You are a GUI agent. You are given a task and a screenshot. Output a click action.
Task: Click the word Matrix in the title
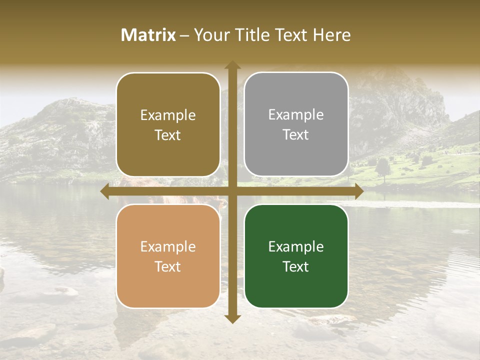(148, 35)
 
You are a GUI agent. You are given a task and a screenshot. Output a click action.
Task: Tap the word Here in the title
(332, 35)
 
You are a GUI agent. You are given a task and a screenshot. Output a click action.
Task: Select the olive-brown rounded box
(168, 125)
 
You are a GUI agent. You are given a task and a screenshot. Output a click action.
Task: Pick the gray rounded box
(296, 124)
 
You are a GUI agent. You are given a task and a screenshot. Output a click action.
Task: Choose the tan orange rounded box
(168, 256)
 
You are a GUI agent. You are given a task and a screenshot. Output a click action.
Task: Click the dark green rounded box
(296, 256)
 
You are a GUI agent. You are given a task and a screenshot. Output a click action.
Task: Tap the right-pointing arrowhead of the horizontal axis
(358, 191)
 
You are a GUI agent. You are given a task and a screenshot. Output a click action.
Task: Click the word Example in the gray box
(296, 115)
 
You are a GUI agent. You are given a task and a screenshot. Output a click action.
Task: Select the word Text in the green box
(296, 266)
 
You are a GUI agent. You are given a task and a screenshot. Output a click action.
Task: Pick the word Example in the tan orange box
(168, 246)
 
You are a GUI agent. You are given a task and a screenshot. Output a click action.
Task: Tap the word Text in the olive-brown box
(168, 135)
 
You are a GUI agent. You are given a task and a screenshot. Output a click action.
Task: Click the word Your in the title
(209, 35)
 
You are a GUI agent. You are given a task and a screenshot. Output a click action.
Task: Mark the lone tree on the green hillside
(383, 167)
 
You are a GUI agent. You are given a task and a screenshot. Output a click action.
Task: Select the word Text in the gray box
(296, 134)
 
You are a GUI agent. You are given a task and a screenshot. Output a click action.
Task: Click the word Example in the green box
(296, 246)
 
